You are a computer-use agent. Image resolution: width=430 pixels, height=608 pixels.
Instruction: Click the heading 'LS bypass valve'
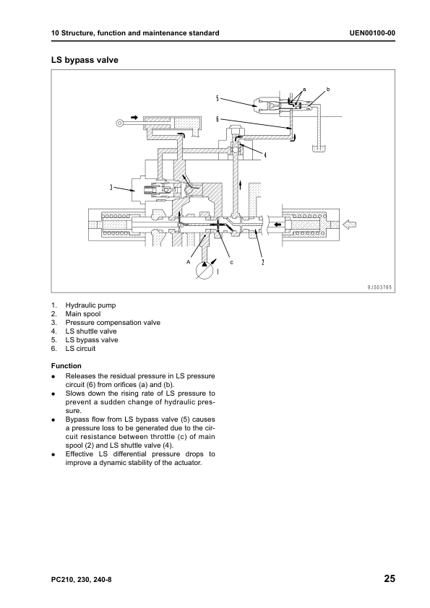tap(85, 60)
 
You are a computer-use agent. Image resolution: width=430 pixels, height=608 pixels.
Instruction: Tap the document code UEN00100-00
tap(372, 33)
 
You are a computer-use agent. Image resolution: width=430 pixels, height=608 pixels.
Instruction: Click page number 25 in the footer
tap(390, 578)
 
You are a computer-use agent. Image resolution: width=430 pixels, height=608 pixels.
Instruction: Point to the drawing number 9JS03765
tap(379, 287)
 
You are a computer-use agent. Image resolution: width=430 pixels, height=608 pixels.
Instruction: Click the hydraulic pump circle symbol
tap(205, 270)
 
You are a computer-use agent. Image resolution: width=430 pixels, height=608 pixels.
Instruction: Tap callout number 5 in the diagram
tap(218, 98)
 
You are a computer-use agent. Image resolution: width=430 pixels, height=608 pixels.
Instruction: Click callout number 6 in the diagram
tap(218, 118)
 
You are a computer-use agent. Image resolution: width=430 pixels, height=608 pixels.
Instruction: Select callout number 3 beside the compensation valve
tap(111, 188)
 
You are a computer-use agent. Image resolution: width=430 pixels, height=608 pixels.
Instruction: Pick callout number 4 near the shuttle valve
tap(265, 155)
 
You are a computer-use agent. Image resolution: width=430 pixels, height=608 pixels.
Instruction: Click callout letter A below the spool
tap(188, 262)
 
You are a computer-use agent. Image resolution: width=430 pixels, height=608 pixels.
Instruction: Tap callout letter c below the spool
tap(232, 263)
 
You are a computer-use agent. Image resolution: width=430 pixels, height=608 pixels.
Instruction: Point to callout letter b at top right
tap(328, 90)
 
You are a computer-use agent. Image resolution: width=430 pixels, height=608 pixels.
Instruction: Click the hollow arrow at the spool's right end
tap(350, 224)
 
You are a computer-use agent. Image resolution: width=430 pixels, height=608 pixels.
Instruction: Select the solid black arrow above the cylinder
tap(134, 117)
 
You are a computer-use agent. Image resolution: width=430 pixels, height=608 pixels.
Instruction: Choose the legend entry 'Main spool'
tap(82, 314)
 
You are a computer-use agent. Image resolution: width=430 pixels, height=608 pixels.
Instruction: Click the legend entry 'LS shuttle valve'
tap(91, 331)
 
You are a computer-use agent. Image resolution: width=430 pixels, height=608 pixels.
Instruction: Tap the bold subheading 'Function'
tap(66, 365)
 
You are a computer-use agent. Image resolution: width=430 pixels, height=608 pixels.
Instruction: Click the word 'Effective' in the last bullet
tap(79, 454)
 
